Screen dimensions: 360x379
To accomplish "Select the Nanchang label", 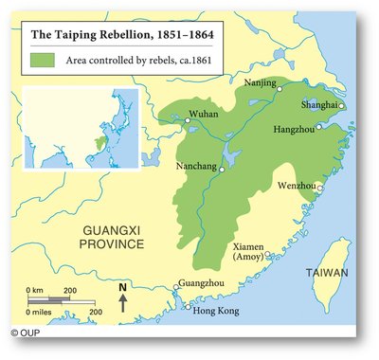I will tap(199, 168).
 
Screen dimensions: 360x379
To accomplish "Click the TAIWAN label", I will tap(325, 273).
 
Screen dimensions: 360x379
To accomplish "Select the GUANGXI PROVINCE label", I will tap(112, 237).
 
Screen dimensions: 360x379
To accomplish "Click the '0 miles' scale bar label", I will tap(39, 310).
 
